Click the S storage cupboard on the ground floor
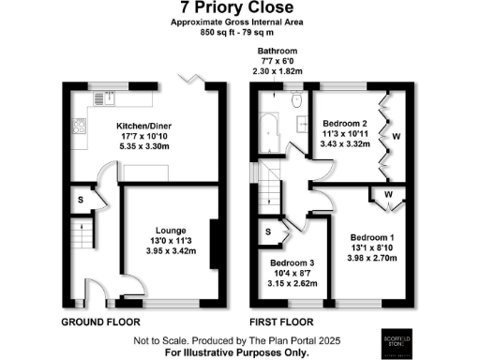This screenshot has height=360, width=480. click(x=81, y=199)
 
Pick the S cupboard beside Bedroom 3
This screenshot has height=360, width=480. click(x=269, y=231)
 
